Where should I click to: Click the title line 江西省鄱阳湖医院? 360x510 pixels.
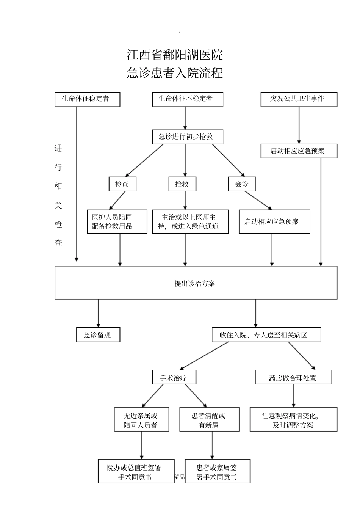pyautogui.click(x=175, y=55)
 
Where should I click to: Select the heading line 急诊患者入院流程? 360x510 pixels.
pyautogui.click(x=175, y=73)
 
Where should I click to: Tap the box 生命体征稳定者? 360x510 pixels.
pyautogui.click(x=87, y=99)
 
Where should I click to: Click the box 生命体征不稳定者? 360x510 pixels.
pyautogui.click(x=185, y=99)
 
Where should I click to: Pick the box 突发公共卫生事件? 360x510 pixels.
pyautogui.click(x=299, y=99)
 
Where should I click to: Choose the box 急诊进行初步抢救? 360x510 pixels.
pyautogui.click(x=185, y=137)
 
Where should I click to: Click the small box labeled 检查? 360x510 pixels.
pyautogui.click(x=122, y=184)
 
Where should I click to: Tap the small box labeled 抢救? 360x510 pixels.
pyautogui.click(x=182, y=184)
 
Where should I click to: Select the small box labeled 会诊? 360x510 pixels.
pyautogui.click(x=242, y=184)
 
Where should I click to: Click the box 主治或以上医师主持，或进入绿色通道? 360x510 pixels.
pyautogui.click(x=190, y=222)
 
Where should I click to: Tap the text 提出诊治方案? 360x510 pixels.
pyautogui.click(x=195, y=283)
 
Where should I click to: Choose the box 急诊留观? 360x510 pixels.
pyautogui.click(x=98, y=335)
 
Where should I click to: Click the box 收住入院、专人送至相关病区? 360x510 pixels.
pyautogui.click(x=266, y=335)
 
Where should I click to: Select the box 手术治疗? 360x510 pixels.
pyautogui.click(x=174, y=378)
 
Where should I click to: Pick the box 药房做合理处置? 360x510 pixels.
pyautogui.click(x=293, y=378)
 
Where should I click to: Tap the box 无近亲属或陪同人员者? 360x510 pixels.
pyautogui.click(x=142, y=420)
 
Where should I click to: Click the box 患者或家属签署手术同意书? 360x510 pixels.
pyautogui.click(x=217, y=472)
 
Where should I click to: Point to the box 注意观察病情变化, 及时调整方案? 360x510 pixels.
pyautogui.click(x=293, y=420)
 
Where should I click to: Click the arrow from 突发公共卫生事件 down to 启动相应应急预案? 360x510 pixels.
pyautogui.click(x=299, y=125)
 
